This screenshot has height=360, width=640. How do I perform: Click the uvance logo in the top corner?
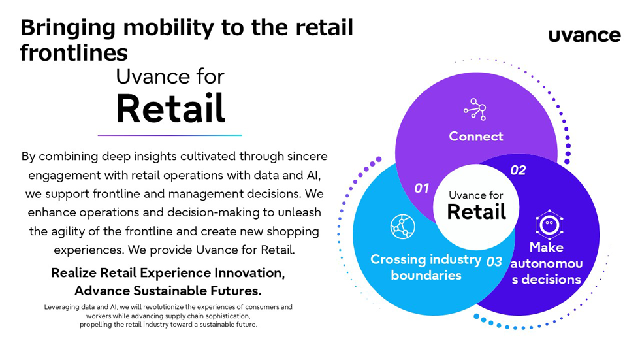(x=584, y=35)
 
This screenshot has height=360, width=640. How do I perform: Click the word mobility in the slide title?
(x=161, y=28)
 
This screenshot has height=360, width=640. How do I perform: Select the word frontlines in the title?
(x=73, y=53)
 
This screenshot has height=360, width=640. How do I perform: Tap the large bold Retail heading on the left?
(x=170, y=108)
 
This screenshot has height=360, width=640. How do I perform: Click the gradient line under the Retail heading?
(x=170, y=135)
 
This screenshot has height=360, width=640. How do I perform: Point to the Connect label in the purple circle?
(x=476, y=137)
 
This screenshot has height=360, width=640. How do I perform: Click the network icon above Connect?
(x=475, y=109)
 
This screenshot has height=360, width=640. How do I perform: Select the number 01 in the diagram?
(x=422, y=188)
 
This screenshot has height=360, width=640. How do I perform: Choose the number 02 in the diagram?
(x=517, y=171)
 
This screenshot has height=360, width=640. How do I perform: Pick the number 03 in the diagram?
(x=494, y=261)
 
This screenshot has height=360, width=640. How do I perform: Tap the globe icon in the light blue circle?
(x=402, y=226)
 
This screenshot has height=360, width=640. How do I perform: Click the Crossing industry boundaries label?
(x=426, y=267)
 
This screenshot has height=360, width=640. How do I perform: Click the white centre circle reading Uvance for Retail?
(x=476, y=205)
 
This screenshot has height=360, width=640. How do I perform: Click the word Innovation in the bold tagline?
(x=246, y=273)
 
